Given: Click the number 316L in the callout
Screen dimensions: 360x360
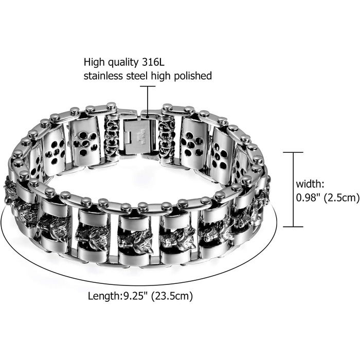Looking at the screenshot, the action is click(153, 62).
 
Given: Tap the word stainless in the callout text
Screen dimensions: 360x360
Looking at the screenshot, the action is click(103, 76).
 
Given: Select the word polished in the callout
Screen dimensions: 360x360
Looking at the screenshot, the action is click(193, 76).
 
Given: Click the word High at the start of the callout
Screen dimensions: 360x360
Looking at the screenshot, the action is click(94, 63).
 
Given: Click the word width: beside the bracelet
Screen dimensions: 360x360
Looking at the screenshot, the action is click(310, 184).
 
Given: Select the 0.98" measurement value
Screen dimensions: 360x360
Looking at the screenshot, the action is click(308, 197).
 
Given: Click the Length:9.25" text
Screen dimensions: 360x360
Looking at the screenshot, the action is click(118, 296).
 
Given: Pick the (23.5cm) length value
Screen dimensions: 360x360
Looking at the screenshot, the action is click(172, 296).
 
